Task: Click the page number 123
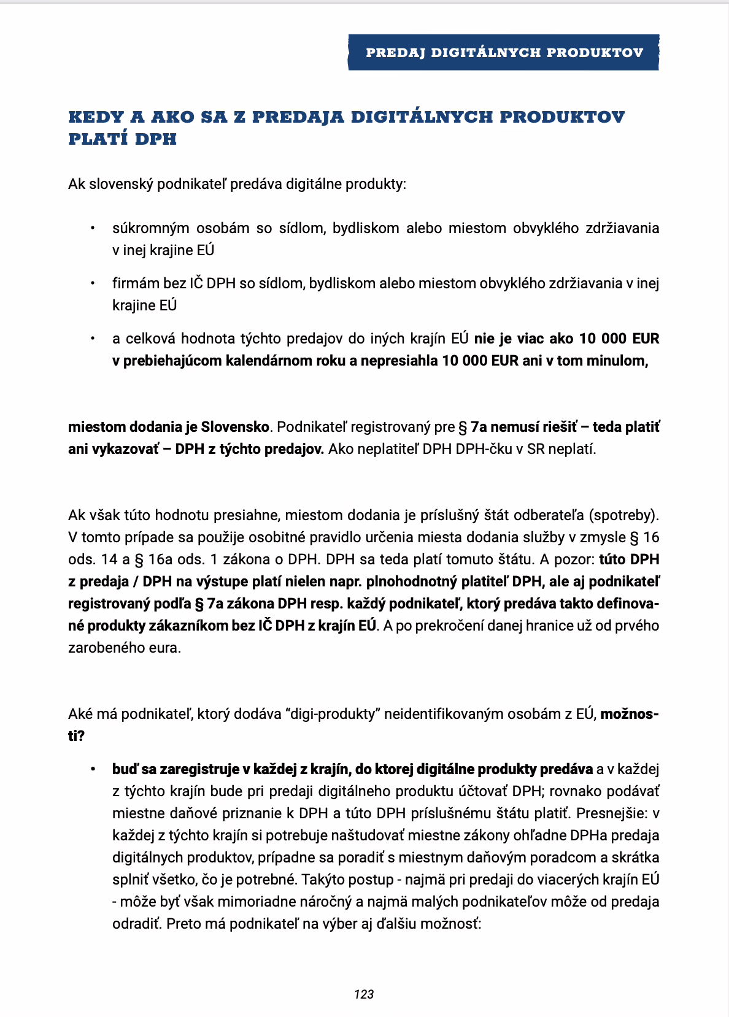[364, 994]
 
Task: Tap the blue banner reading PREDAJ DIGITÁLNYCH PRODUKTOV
[504, 53]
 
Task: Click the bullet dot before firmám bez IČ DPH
[93, 283]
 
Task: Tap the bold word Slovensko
[236, 427]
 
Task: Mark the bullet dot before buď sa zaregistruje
[93, 769]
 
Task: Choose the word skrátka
[636, 858]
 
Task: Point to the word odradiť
[137, 924]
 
